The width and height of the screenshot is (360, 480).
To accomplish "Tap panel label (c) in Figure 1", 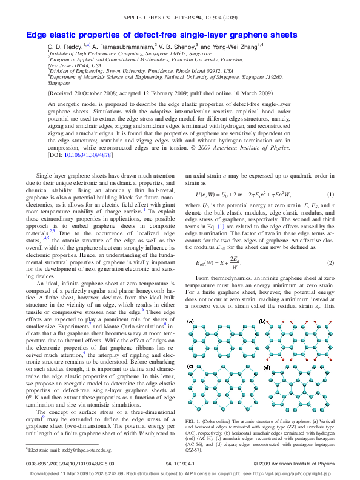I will (191, 366).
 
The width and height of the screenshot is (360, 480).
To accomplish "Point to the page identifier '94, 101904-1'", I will (180, 463).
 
